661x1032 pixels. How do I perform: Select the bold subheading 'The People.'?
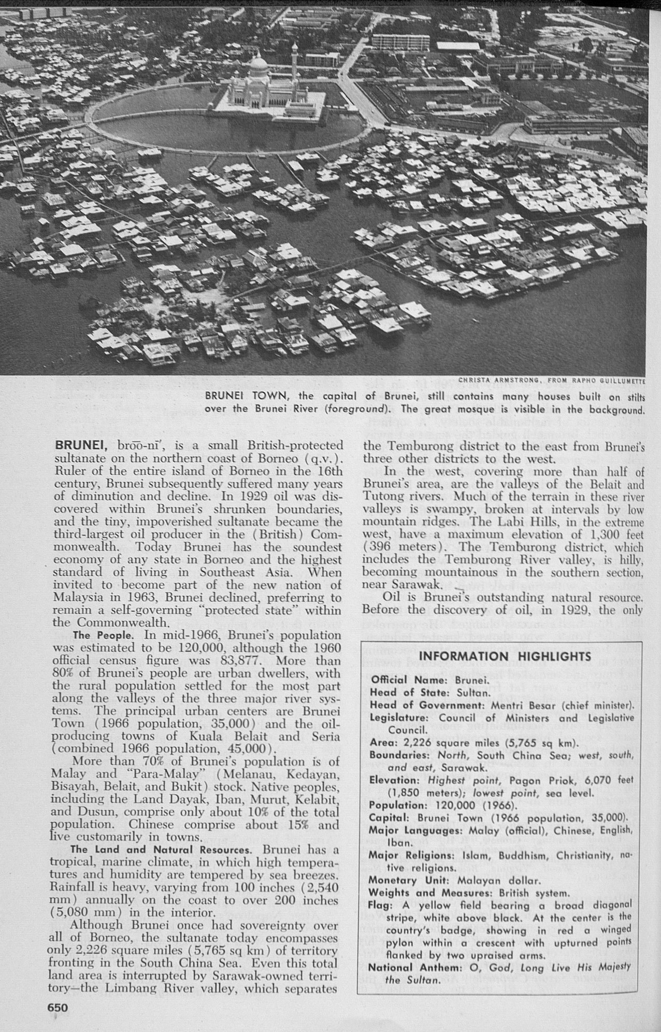[x=108, y=635]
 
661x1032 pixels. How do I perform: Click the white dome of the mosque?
[x=258, y=65]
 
